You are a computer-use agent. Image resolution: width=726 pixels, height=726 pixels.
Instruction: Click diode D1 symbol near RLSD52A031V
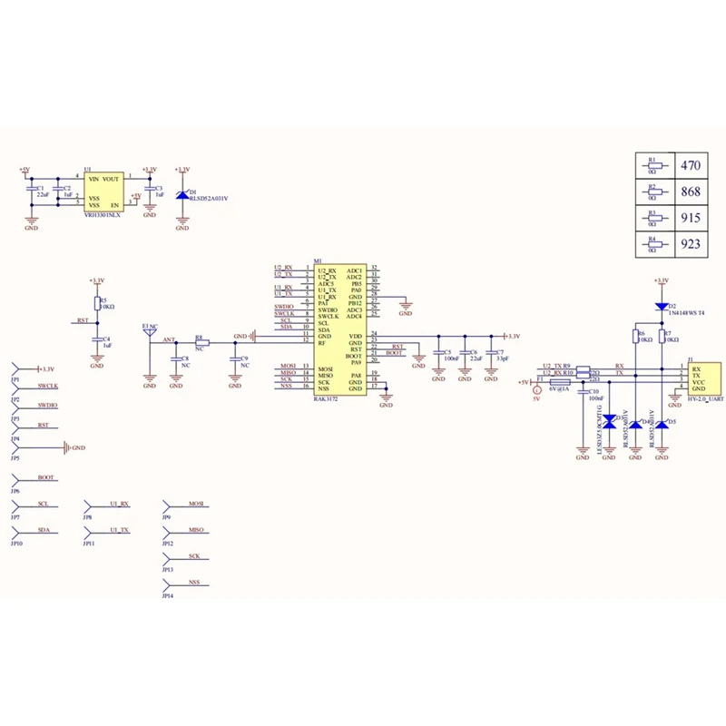coord(182,194)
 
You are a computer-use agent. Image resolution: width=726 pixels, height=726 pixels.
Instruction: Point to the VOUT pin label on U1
coord(112,180)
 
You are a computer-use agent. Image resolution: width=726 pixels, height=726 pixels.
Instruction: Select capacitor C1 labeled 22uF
coord(32,191)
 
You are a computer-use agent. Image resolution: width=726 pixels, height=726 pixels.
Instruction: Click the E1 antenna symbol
coord(147,331)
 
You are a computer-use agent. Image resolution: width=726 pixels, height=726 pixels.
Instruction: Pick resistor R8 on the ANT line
coord(202,342)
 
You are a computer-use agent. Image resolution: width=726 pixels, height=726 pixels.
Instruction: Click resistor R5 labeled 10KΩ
coord(97,303)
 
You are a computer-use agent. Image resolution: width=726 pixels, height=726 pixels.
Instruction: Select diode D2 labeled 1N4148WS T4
coord(662,307)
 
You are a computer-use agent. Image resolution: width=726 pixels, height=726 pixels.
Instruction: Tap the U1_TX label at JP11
coord(119,529)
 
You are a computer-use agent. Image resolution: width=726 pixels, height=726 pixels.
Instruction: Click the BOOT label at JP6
coord(46,477)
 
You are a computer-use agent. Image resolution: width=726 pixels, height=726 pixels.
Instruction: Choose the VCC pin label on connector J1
coord(698,382)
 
